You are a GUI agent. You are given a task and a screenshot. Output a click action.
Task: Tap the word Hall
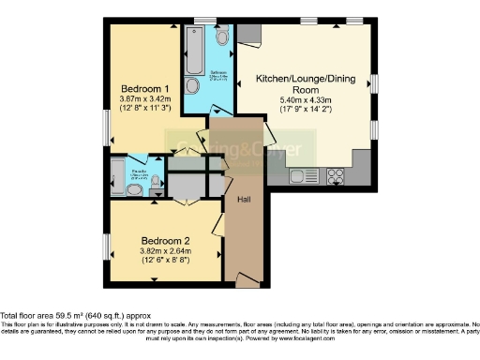243,201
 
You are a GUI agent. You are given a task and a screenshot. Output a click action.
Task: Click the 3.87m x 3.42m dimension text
144,99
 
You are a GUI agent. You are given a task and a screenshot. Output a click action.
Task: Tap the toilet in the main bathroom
221,36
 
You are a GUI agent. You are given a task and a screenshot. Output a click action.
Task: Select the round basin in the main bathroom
193,85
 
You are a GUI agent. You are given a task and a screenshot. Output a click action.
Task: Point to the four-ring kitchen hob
336,174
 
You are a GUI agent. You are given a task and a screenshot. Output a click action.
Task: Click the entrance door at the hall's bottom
246,279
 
